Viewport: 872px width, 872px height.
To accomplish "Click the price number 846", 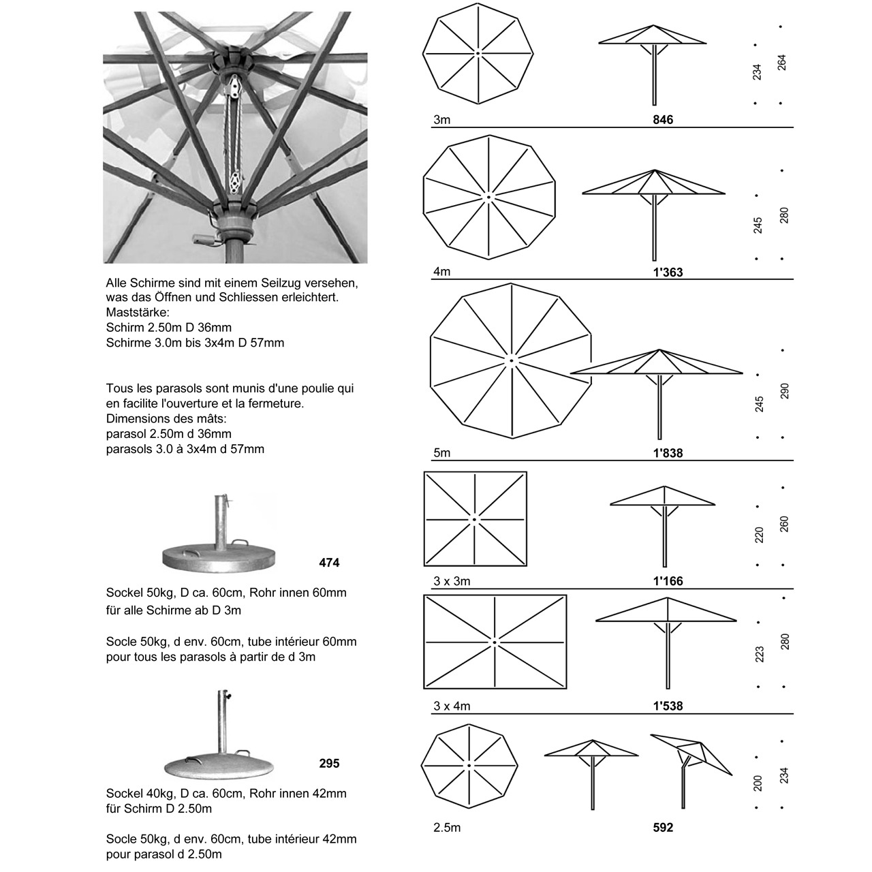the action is pos(662,119).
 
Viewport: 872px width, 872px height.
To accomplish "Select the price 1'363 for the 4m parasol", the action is pos(668,272).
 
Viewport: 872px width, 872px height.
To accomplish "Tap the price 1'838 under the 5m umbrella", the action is pos(668,452).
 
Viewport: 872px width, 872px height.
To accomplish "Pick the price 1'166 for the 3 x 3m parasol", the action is pos(668,580).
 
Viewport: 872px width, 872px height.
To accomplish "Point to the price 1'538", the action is pos(668,706).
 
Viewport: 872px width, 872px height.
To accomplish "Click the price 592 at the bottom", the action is pos(662,827).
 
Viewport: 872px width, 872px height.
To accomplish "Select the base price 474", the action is pos(329,563).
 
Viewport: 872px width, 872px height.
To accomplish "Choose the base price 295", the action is pos(329,764).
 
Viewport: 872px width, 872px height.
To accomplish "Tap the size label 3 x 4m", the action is pos(452,706).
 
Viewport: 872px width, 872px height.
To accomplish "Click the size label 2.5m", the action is pos(447,828).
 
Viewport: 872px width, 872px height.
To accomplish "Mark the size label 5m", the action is pos(441,452).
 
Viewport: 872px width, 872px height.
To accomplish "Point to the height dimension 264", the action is pos(781,63).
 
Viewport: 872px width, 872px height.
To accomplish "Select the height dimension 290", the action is pos(784,391).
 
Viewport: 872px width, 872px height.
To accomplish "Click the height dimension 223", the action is pos(760,654).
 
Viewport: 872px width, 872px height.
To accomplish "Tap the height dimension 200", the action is pos(758,783).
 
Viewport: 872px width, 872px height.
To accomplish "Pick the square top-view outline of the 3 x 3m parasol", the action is pos(424,519).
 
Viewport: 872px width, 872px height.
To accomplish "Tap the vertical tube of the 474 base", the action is pos(220,522).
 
